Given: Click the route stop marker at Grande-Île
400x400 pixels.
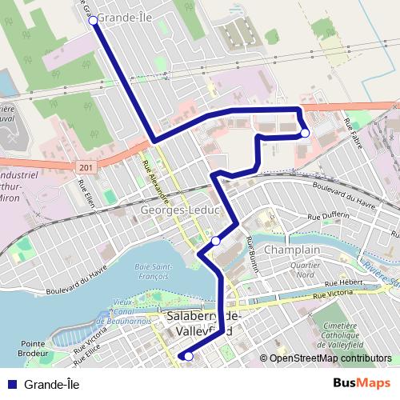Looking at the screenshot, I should [x=93, y=20].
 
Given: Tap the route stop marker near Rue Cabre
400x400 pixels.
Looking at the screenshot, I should [x=305, y=133].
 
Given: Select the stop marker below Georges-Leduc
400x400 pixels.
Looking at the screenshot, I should [x=215, y=241].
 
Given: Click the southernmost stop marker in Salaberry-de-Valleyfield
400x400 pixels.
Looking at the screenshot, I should [x=189, y=357].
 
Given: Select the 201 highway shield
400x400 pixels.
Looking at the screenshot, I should [x=86, y=167].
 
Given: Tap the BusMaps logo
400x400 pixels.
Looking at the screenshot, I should [x=361, y=383].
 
